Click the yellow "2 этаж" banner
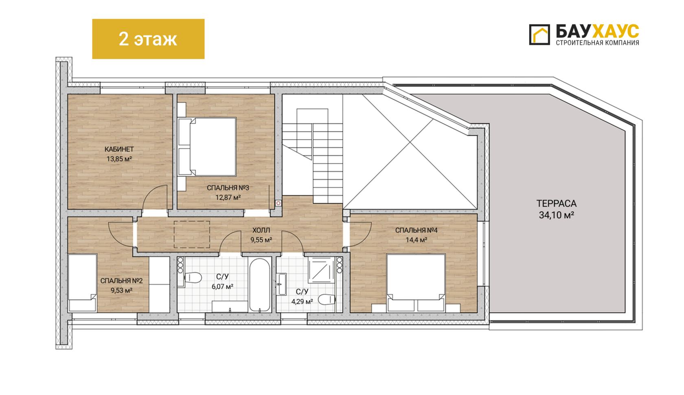tap(148, 39)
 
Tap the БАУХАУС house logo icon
tap(539, 35)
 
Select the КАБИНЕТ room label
tap(119, 149)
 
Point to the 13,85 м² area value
tap(119, 159)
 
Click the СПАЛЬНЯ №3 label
tap(228, 188)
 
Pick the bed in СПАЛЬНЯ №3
tap(207, 147)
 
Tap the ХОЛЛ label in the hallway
tap(261, 230)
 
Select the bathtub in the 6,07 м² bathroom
tap(260, 284)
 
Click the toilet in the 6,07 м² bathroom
tap(193, 278)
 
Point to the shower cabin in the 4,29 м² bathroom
tap(322, 270)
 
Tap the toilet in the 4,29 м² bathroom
tap(327, 299)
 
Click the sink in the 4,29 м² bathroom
tap(282, 284)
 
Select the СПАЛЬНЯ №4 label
tap(416, 230)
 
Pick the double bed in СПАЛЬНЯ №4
tap(416, 283)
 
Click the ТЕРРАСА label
tap(556, 204)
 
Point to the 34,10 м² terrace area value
tap(556, 215)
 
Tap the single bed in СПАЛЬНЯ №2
tap(82, 283)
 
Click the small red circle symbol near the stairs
tap(278, 203)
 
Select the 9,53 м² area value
tap(121, 290)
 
